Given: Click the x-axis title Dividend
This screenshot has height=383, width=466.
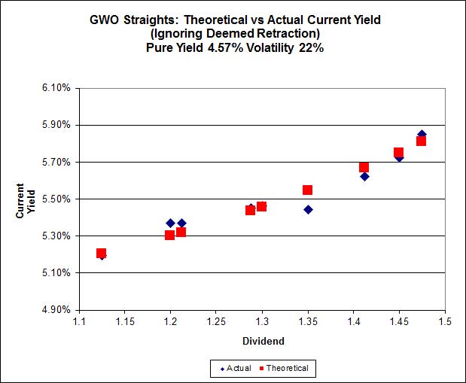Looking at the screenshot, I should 262,341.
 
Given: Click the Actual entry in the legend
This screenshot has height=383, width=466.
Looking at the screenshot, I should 234,368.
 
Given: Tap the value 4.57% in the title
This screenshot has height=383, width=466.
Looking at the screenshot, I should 236,49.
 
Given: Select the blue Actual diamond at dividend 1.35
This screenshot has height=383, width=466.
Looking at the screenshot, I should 308,209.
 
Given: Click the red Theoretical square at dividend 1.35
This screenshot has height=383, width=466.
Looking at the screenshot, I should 307,190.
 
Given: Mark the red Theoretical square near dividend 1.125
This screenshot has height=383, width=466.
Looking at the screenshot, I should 101,253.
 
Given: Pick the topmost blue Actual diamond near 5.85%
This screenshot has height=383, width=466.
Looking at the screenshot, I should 422,134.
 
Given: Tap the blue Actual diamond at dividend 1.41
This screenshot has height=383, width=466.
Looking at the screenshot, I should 364,176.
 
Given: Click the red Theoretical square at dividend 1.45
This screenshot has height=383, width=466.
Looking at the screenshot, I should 398,152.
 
